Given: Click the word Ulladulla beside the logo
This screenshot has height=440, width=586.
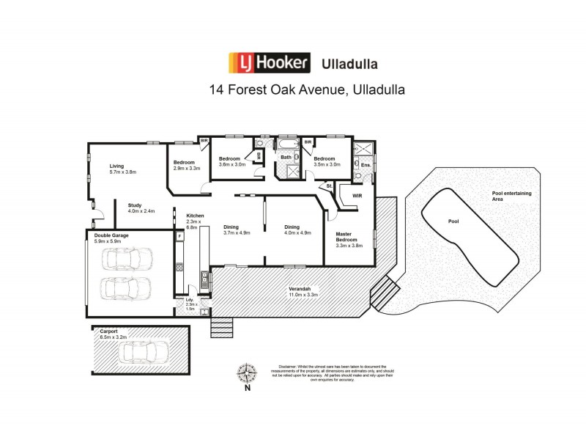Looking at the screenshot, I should click(x=349, y=63).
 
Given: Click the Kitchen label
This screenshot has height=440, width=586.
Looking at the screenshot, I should click(x=194, y=215).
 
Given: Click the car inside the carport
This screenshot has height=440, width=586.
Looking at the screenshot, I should click(x=146, y=353).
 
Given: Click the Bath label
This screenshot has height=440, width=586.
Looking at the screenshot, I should click(x=286, y=157).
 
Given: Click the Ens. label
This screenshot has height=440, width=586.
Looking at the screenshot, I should click(x=365, y=166).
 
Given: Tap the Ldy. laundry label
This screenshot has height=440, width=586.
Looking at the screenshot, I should click(x=189, y=301).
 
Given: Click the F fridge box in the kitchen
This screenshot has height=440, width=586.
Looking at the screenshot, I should click(x=178, y=237).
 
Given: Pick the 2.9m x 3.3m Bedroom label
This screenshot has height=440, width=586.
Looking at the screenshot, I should click(x=186, y=165).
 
